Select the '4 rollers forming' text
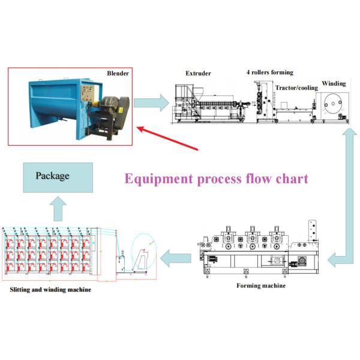point(269,73)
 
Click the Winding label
point(334,83)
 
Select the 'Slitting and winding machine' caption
point(50,290)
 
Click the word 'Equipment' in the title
point(158,178)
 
